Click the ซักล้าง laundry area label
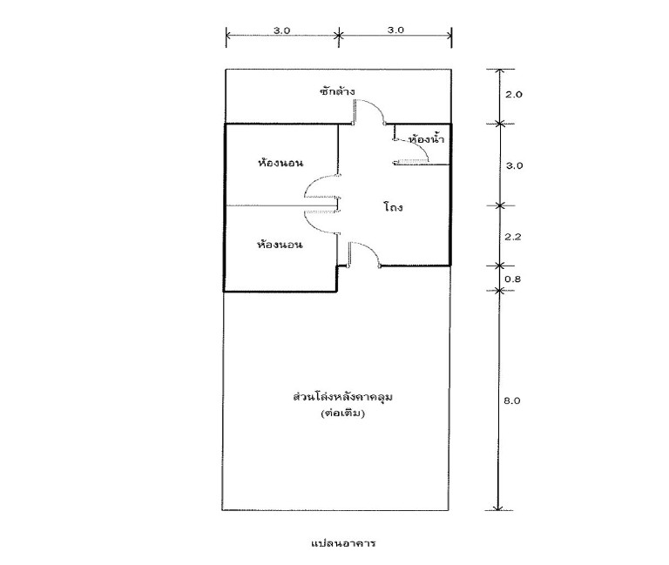click(337, 91)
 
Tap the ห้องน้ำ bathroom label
click(426, 139)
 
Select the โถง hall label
click(393, 207)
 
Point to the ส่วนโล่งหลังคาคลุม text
click(342, 397)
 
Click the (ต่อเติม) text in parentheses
click(342, 413)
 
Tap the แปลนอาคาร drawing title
click(343, 543)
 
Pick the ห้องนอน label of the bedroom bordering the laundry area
click(280, 163)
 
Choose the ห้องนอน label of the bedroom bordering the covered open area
click(280, 245)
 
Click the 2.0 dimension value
click(513, 94)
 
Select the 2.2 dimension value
click(513, 237)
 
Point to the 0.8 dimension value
click(513, 279)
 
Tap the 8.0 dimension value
click(512, 400)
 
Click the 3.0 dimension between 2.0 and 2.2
click(514, 165)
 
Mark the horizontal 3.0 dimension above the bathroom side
click(395, 30)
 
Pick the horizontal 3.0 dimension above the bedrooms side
click(281, 30)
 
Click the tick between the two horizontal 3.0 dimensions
click(339, 35)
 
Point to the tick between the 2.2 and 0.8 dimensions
click(499, 266)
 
